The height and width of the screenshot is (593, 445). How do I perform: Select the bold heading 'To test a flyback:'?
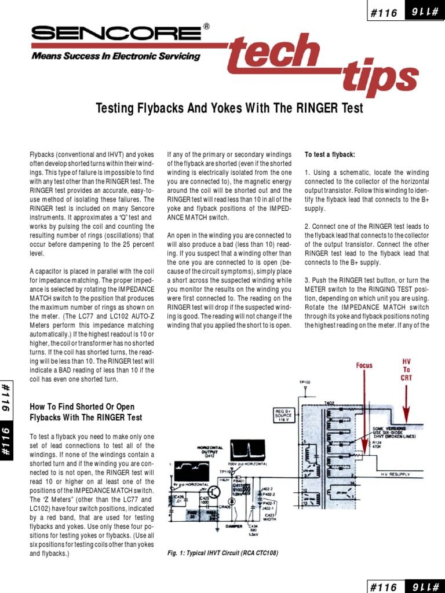[330, 155]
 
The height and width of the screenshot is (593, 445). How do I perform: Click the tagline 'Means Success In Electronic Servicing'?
[115, 57]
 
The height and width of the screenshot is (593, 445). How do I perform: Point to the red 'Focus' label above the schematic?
[364, 365]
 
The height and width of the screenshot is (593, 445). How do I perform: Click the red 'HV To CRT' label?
[406, 369]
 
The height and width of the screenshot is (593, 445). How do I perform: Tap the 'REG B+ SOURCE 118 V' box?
[285, 415]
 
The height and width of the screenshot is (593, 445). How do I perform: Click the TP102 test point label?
[305, 383]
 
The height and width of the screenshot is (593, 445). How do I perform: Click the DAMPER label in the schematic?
[234, 526]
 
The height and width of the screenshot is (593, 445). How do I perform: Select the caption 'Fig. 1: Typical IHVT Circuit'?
[222, 553]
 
